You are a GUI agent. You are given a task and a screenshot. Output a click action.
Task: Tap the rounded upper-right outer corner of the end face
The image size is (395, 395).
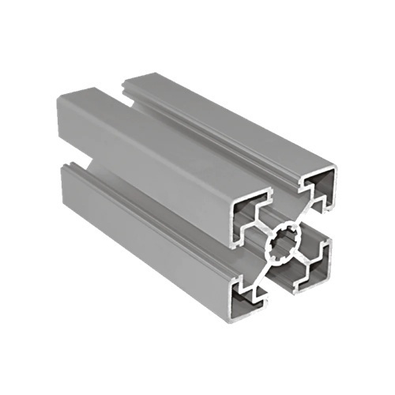click(x=332, y=170)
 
